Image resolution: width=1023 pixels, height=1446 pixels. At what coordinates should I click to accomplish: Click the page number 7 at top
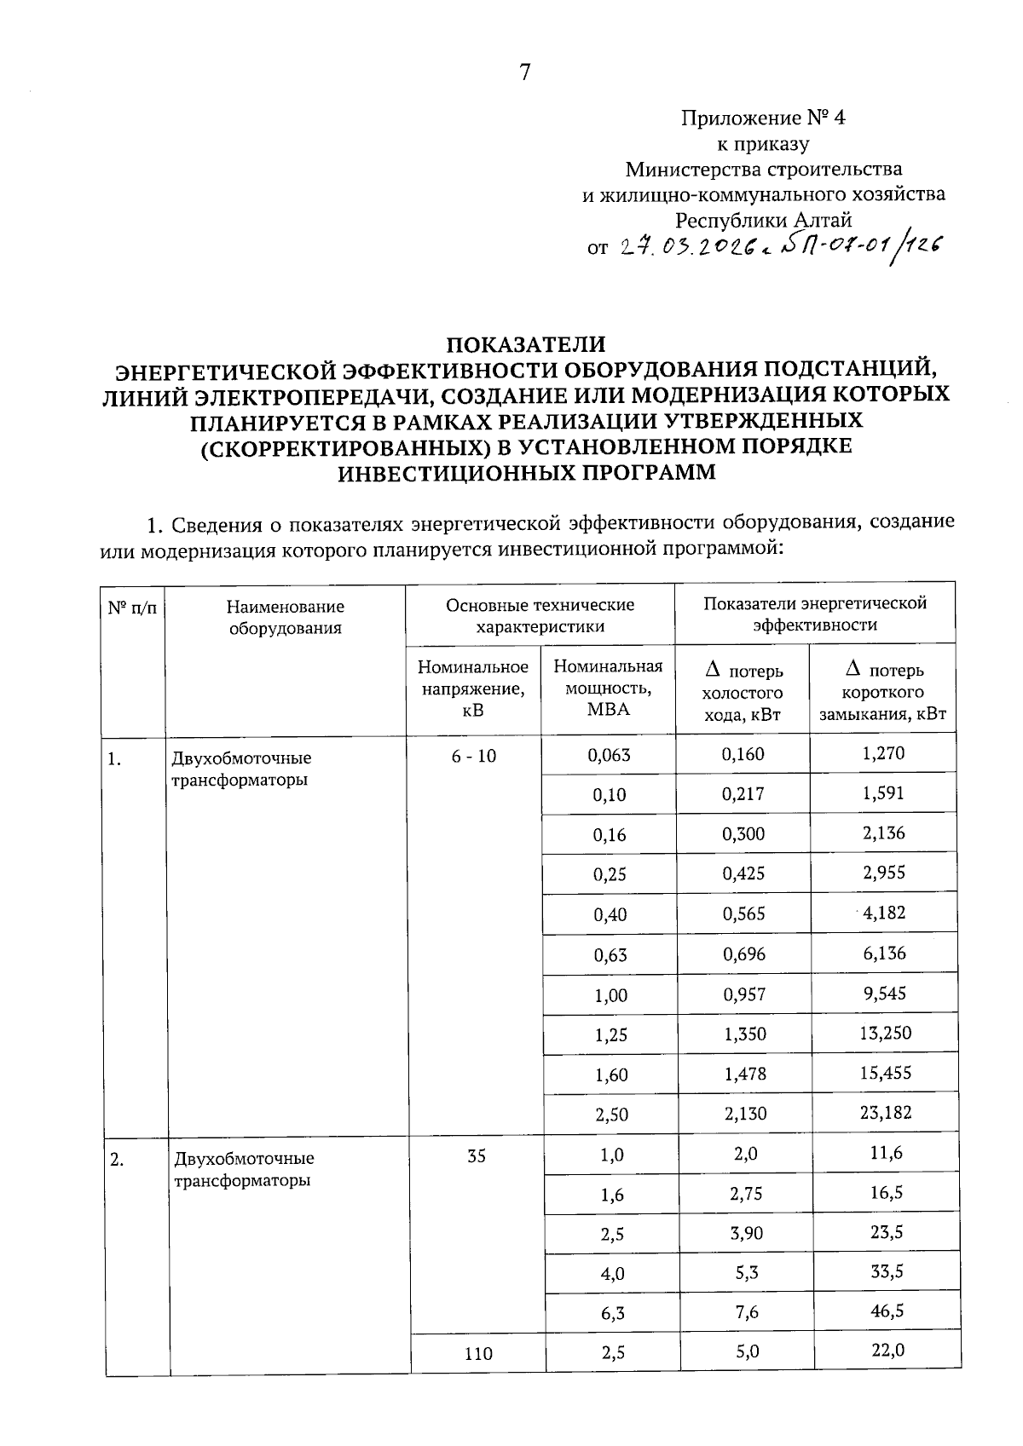click(524, 73)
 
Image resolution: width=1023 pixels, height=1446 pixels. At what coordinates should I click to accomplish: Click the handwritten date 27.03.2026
click(681, 247)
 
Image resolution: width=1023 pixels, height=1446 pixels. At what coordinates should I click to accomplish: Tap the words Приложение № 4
click(763, 118)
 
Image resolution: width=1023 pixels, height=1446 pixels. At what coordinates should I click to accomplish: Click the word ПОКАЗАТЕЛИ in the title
click(526, 344)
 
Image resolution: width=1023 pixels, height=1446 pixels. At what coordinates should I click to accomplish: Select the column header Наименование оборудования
click(285, 617)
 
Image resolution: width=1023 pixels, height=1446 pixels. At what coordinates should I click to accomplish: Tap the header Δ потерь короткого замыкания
click(882, 692)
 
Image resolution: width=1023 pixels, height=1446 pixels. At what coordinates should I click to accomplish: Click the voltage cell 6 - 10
click(474, 756)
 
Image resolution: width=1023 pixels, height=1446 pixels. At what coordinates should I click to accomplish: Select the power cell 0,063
click(610, 754)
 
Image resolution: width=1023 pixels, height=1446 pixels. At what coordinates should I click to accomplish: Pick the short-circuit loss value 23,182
click(884, 1112)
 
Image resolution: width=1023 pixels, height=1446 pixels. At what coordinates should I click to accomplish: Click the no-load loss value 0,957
click(743, 994)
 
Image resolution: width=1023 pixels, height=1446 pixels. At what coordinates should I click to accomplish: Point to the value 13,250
click(884, 1033)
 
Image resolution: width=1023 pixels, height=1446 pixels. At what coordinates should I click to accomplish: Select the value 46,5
click(887, 1311)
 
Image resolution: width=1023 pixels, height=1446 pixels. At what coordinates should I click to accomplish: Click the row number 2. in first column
click(118, 1158)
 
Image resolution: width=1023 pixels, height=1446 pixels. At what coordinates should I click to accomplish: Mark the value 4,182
click(884, 913)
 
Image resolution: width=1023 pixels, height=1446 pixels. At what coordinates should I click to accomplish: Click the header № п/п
click(132, 608)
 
